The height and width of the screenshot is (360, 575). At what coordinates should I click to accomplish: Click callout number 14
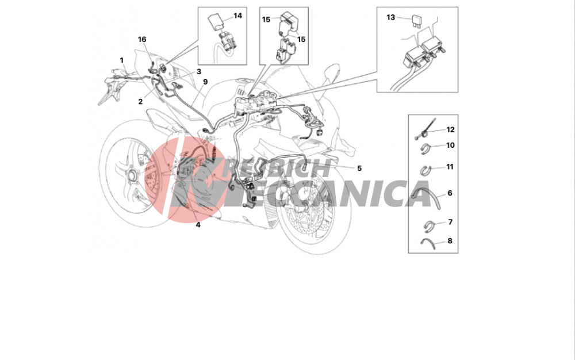[237, 16]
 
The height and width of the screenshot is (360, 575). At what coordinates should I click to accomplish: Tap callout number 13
[390, 17]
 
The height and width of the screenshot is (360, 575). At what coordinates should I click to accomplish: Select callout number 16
[142, 39]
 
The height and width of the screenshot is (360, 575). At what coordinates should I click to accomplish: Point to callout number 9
[205, 82]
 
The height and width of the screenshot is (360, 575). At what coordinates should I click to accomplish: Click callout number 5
[359, 168]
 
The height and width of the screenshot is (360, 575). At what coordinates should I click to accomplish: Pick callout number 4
[198, 225]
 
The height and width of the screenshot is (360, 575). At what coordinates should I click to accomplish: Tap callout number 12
[450, 129]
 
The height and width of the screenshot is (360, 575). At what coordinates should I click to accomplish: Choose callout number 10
[450, 145]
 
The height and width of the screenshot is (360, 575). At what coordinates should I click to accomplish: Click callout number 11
[450, 167]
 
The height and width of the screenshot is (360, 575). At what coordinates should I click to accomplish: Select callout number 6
[450, 193]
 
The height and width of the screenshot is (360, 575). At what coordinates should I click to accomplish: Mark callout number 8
[450, 241]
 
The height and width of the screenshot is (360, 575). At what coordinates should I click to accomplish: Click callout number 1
[122, 60]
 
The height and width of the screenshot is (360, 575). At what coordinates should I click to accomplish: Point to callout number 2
[140, 102]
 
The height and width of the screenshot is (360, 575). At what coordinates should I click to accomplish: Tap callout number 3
[199, 71]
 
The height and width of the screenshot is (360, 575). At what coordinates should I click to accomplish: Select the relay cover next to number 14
[216, 20]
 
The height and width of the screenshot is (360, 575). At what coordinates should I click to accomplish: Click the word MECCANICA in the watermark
[328, 193]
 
